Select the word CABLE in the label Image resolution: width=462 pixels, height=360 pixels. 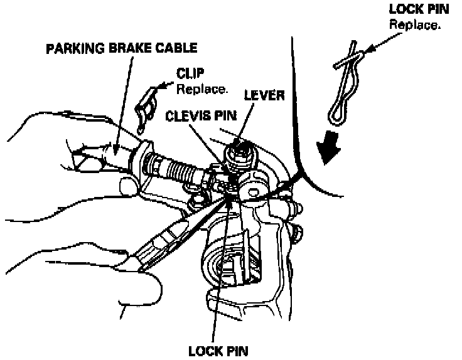point(175,48)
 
